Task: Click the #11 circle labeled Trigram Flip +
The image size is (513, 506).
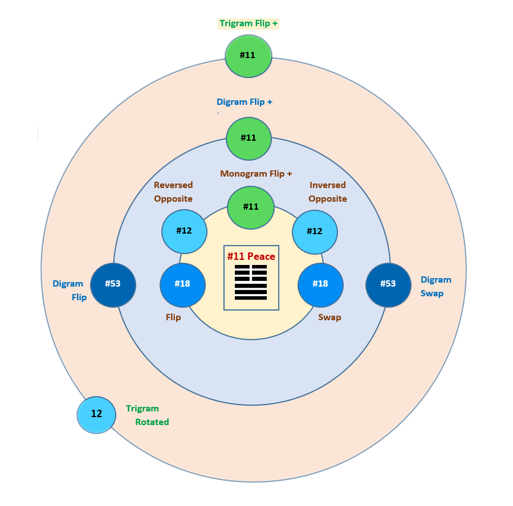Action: tap(248, 56)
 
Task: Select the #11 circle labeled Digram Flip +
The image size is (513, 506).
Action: tap(249, 138)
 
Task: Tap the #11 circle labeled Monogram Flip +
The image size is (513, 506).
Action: tap(251, 207)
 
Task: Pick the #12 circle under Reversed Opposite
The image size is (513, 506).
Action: tap(184, 231)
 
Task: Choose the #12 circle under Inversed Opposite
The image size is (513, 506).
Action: tap(315, 232)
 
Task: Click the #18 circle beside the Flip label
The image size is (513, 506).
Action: tap(182, 284)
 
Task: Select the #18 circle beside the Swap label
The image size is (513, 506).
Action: tap(320, 284)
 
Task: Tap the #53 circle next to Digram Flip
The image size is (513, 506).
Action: tap(113, 284)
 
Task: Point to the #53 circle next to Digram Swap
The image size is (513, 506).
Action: tap(388, 284)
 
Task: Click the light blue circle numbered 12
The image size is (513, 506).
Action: tap(96, 414)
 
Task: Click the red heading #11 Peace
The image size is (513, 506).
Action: tap(251, 256)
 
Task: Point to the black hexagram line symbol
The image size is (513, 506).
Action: tap(251, 282)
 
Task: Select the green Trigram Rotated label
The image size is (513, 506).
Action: tap(148, 415)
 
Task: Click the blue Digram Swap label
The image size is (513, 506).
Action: tap(436, 287)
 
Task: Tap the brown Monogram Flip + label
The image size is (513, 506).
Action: tap(256, 174)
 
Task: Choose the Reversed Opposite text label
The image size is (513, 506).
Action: tap(173, 192)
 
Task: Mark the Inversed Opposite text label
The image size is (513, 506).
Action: tap(328, 192)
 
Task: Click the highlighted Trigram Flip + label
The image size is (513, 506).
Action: tap(249, 23)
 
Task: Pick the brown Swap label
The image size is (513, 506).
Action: tap(329, 317)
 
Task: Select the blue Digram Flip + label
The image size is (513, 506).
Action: tap(245, 102)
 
